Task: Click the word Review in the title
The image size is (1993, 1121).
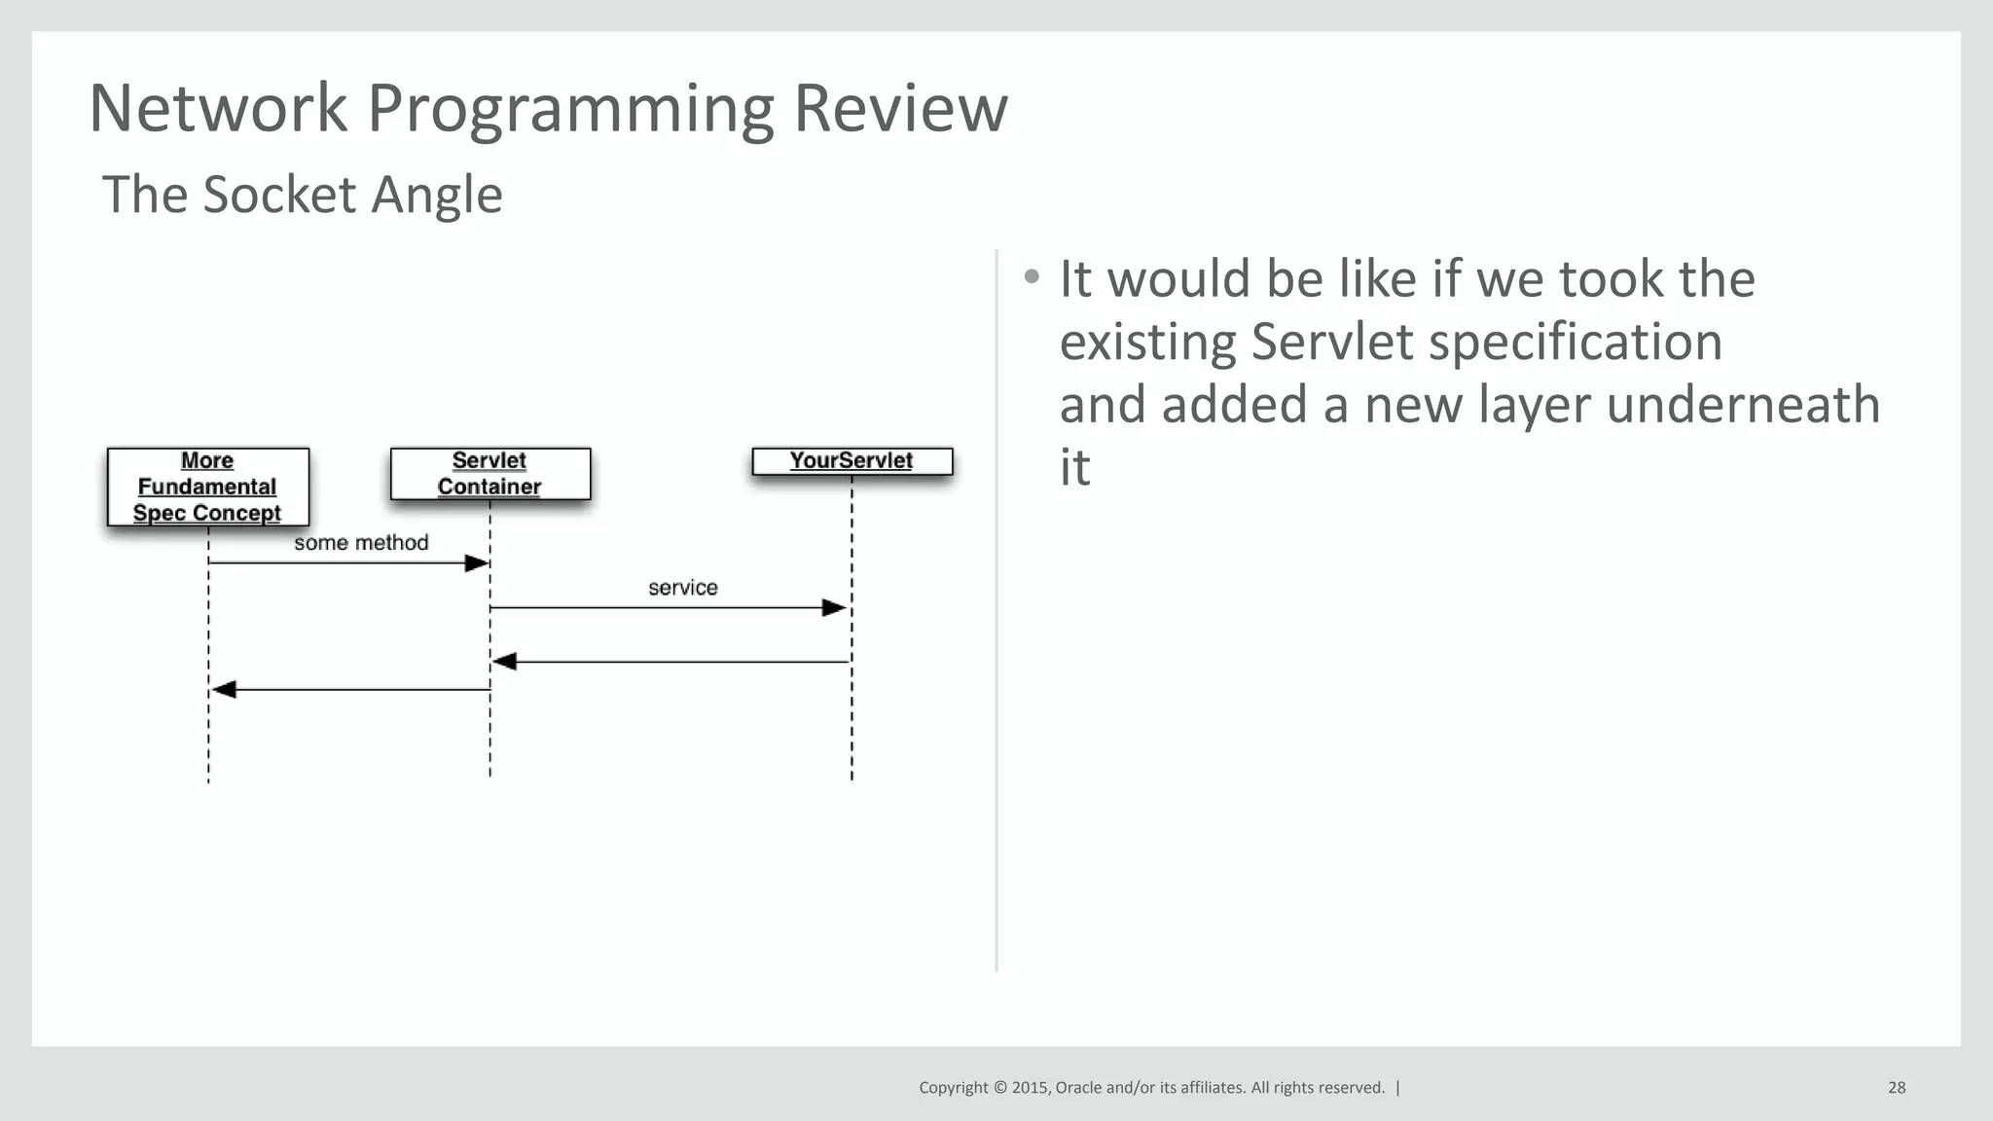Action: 900,108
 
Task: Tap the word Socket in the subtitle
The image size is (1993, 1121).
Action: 279,195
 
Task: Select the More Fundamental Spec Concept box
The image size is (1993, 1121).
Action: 207,487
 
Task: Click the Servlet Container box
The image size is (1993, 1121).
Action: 489,474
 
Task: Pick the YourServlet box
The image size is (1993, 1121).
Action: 852,461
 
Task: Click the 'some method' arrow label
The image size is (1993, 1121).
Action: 361,543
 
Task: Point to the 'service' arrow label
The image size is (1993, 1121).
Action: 682,588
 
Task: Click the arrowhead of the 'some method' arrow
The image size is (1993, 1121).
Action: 477,563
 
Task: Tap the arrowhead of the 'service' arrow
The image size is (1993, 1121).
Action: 834,608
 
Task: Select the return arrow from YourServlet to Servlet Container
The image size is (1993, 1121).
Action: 671,662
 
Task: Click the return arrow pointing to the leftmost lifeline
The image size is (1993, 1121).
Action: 350,690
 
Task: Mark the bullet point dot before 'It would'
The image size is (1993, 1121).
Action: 1032,277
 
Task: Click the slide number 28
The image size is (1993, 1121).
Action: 1896,1088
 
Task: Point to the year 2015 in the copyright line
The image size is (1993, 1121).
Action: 1030,1088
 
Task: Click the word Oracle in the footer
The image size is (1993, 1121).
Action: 1078,1088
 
